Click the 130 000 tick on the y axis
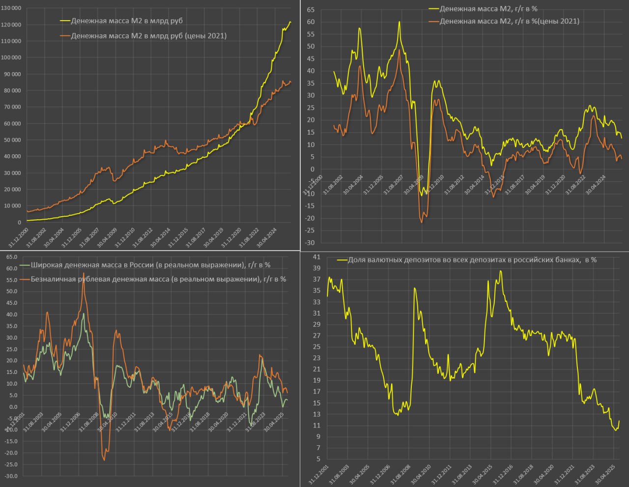pyautogui.click(x=11, y=8)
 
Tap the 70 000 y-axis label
pyautogui.click(x=11, y=107)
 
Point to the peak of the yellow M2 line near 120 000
pyautogui.click(x=290, y=22)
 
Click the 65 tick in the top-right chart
pyautogui.click(x=311, y=9)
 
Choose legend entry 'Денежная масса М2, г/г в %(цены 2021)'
pyautogui.click(x=509, y=21)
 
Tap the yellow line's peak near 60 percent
pyautogui.click(x=399, y=22)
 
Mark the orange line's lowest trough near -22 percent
pyautogui.click(x=422, y=223)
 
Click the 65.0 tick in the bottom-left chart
pyautogui.click(x=12, y=257)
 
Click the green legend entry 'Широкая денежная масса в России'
pyautogui.click(x=150, y=265)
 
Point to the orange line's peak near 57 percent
pyautogui.click(x=84, y=273)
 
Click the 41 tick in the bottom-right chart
pyautogui.click(x=316, y=257)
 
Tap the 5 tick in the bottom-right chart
pyautogui.click(x=318, y=459)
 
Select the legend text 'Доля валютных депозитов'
pyautogui.click(x=472, y=259)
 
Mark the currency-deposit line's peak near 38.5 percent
pyautogui.click(x=501, y=271)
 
